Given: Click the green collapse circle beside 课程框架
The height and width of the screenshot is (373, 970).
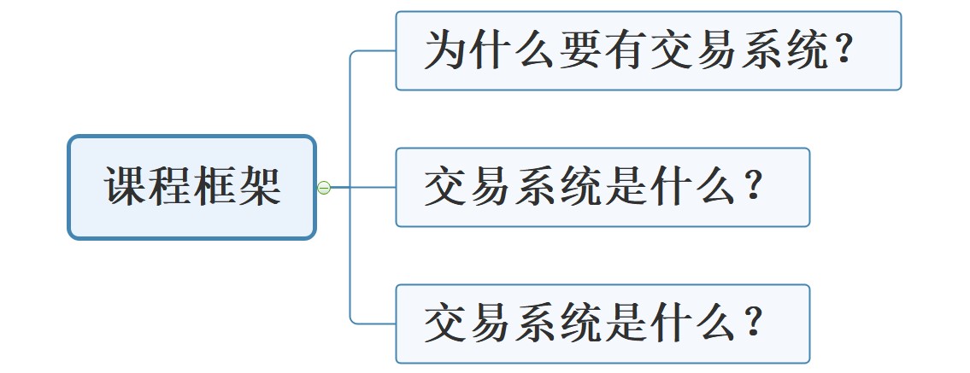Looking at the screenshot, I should click(x=324, y=188).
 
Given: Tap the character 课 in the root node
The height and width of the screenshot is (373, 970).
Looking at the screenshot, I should click(x=126, y=187).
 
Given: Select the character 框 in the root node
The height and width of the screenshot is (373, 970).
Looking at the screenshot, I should click(x=215, y=187).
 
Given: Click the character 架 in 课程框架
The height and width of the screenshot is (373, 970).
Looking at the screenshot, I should click(x=260, y=187).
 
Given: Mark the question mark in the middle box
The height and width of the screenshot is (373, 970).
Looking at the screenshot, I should click(x=753, y=188).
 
